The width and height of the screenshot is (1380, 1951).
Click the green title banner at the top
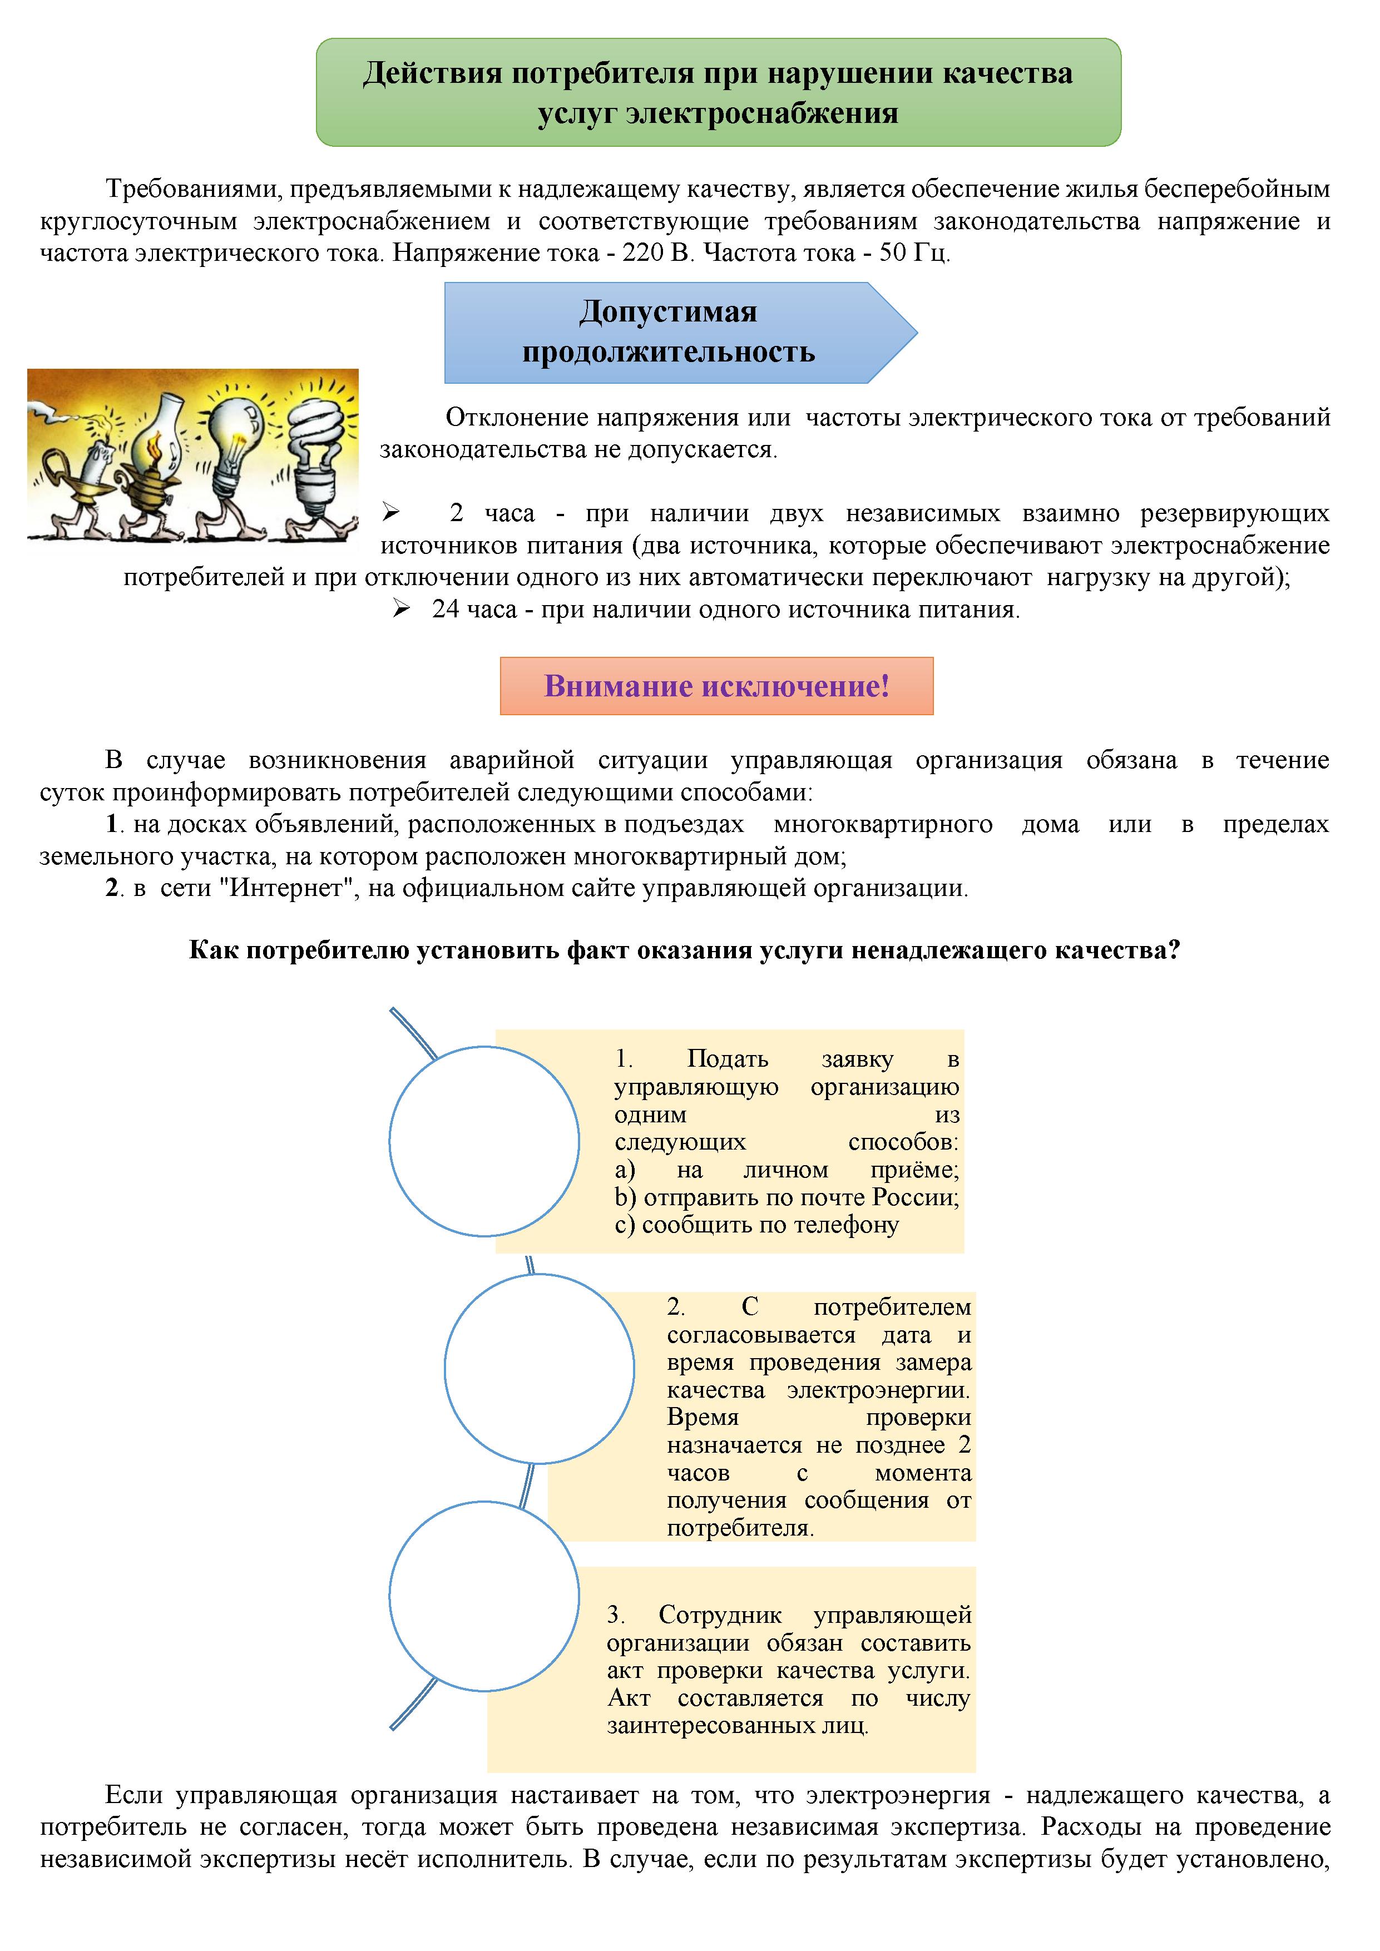[x=718, y=92]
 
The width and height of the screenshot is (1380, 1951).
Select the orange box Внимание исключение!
[x=716, y=686]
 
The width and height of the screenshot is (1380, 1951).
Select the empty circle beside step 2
[x=539, y=1368]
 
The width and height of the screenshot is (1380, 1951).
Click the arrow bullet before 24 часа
[x=402, y=608]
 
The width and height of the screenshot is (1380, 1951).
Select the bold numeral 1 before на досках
[x=111, y=824]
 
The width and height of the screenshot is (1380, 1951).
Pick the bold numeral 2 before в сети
[x=111, y=888]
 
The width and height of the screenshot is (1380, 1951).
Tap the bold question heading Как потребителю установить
[x=684, y=950]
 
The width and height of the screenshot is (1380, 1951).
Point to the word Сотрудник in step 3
[x=720, y=1615]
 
